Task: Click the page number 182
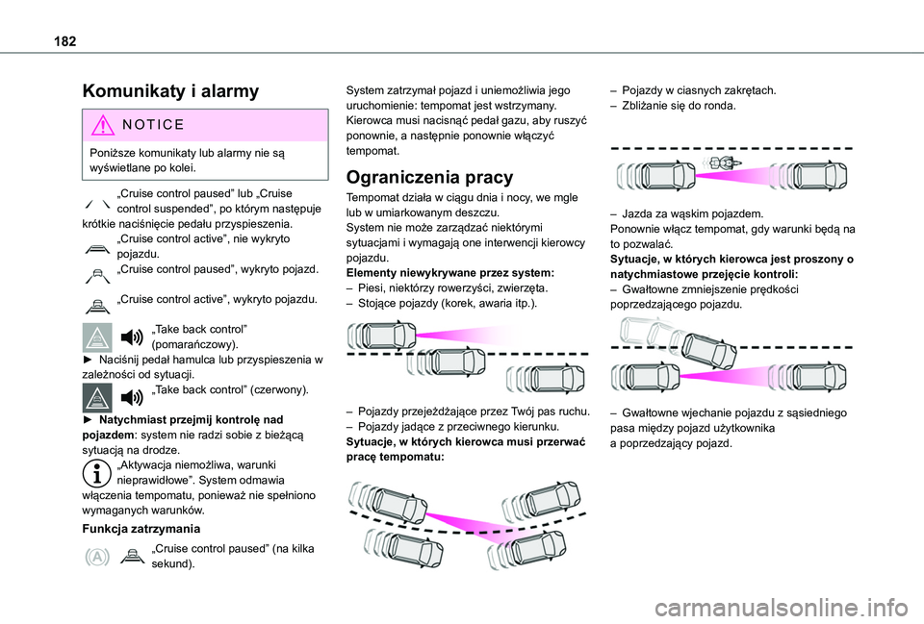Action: tap(64, 41)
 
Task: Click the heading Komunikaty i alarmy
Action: tap(171, 91)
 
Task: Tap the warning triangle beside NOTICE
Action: tap(103, 125)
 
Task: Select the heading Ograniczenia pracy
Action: tap(429, 177)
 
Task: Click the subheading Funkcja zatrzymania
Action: tap(141, 529)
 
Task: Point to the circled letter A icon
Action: tap(96, 557)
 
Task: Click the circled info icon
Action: tap(96, 473)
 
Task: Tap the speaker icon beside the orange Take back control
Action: tap(132, 337)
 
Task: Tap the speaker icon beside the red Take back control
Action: tap(132, 398)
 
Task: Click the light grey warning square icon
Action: tap(97, 337)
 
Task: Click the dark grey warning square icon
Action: tap(97, 398)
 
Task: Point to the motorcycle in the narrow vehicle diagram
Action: tap(721, 162)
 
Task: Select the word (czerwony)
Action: tap(279, 389)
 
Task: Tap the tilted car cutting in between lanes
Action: tap(709, 350)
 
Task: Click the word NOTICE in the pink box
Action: tap(153, 125)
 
